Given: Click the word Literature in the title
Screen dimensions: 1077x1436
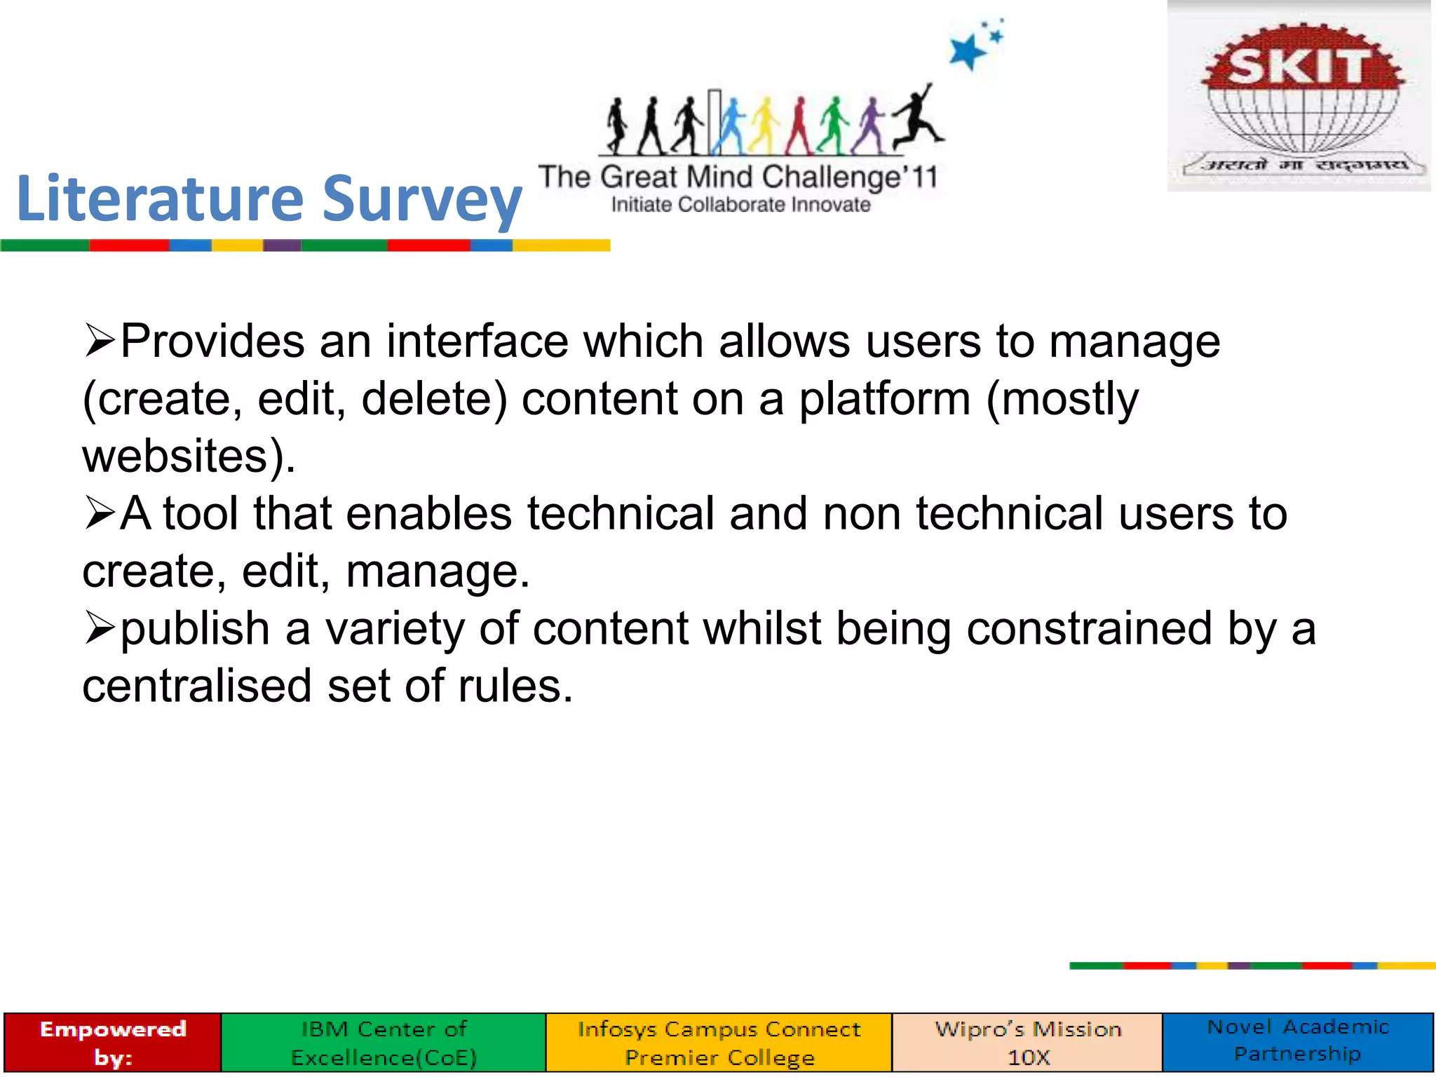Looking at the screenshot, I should click(x=159, y=199).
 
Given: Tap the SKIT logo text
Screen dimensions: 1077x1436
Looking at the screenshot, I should click(x=1299, y=67).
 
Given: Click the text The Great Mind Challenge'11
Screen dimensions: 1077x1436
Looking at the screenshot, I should click(x=738, y=177).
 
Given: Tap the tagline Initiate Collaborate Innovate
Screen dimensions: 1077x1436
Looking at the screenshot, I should click(x=740, y=205).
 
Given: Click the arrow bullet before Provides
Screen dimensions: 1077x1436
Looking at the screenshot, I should click(x=99, y=341).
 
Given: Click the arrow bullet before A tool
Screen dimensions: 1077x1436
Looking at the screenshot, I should click(x=99, y=513).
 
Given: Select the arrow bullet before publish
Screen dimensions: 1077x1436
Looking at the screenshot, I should click(x=99, y=628).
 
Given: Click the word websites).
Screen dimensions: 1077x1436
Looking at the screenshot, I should click(x=189, y=456).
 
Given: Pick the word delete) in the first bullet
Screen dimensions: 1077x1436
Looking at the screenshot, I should click(x=433, y=399).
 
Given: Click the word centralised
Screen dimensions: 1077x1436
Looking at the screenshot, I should click(x=196, y=686).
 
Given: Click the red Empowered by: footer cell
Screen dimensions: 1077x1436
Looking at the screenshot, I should click(x=113, y=1042).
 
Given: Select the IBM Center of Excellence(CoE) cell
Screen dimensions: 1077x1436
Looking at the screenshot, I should click(x=384, y=1042).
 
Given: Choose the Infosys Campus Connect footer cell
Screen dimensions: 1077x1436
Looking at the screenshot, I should click(x=719, y=1042).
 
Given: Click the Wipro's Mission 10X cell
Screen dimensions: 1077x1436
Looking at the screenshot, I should click(x=1028, y=1042).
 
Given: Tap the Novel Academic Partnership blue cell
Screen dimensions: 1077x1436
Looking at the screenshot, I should click(x=1298, y=1041).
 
